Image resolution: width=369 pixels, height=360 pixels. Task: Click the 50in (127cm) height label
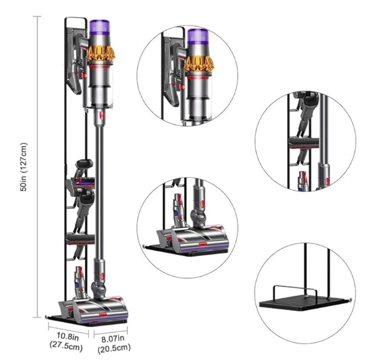click(x=25, y=166)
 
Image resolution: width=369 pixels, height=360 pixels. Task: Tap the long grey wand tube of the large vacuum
click(x=98, y=190)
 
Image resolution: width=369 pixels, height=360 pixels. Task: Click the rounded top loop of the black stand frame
click(x=72, y=21)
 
